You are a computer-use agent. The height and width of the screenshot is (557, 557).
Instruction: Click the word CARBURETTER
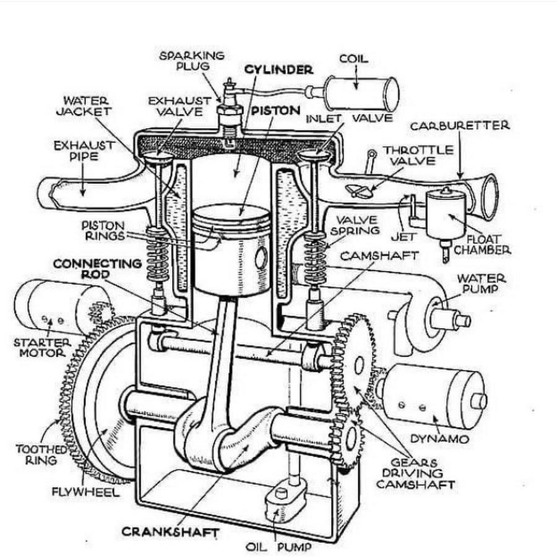pos(460,126)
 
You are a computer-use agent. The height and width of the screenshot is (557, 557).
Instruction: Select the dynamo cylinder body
pos(433,396)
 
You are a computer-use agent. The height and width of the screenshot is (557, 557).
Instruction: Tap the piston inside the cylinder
pos(231,248)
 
